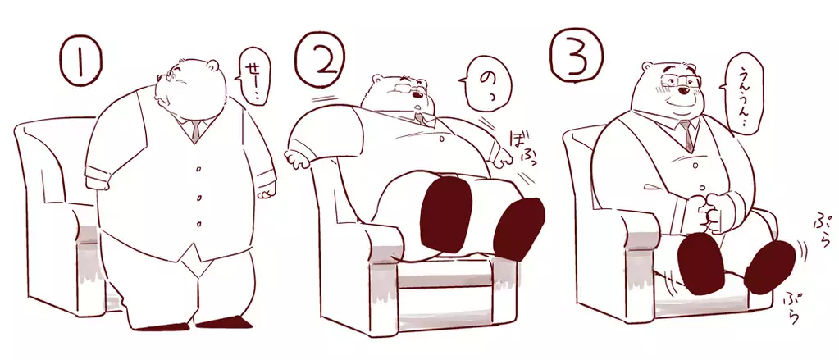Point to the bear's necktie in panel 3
[687, 134]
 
